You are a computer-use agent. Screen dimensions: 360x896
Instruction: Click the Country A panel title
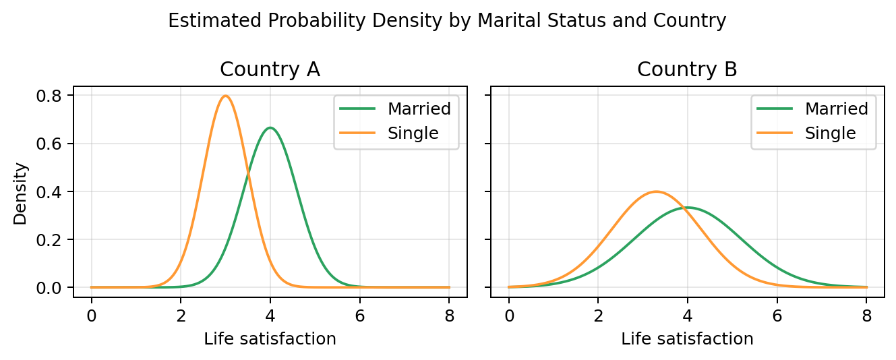point(270,69)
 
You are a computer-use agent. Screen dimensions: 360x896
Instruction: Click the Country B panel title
point(687,69)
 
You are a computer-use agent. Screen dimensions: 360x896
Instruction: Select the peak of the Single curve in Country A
point(225,96)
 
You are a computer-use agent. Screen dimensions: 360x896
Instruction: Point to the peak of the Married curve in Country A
point(270,127)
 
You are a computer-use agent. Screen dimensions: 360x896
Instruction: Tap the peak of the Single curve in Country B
point(656,191)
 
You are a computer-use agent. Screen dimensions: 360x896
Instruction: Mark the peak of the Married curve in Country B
point(688,207)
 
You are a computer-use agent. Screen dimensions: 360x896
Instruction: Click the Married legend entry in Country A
point(419,108)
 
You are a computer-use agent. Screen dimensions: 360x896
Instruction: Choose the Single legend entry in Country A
point(413,133)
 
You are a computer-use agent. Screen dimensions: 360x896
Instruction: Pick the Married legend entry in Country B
point(836,108)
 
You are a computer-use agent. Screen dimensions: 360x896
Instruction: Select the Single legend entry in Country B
point(830,133)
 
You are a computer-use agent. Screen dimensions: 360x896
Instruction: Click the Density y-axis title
point(21,192)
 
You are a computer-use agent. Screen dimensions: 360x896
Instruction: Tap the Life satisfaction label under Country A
point(270,339)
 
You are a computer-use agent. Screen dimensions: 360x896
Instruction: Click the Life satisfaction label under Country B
point(687,339)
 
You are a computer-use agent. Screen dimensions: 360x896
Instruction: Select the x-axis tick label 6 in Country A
point(359,317)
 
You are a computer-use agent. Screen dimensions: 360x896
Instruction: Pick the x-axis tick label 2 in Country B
point(598,317)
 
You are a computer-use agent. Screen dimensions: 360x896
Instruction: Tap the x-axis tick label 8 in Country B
point(866,317)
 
